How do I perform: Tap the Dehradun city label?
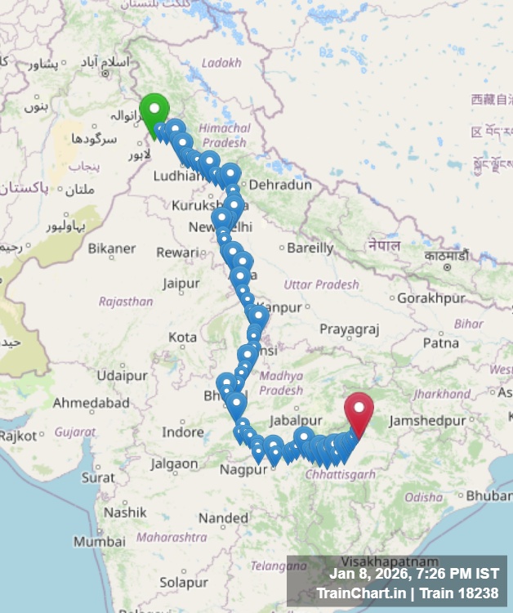coord(280,186)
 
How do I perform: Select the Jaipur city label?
coord(181,284)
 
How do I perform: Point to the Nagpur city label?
coord(243,470)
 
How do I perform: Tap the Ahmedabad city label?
coord(91,403)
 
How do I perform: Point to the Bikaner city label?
coord(112,248)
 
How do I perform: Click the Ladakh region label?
coord(221,62)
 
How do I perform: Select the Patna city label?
coord(441,343)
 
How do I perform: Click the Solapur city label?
coord(184,583)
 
